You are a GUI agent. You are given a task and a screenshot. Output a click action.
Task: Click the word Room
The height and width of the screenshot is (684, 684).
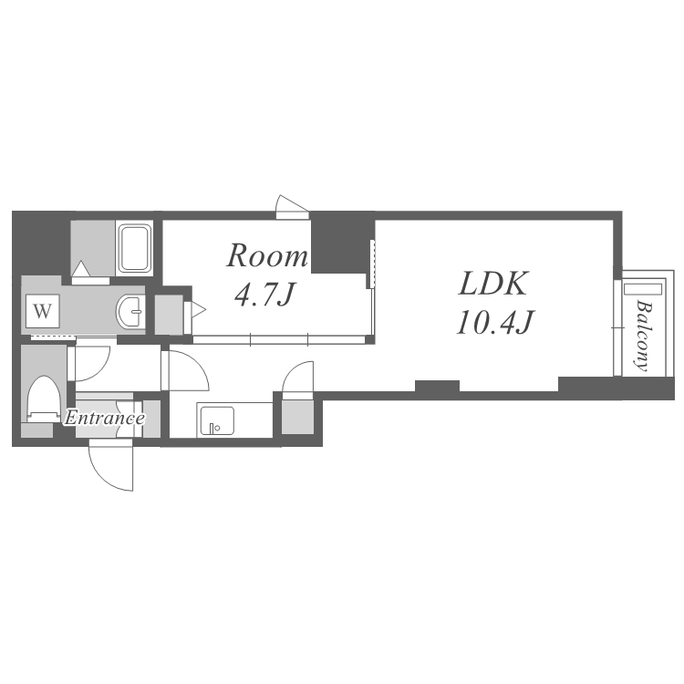click(x=267, y=255)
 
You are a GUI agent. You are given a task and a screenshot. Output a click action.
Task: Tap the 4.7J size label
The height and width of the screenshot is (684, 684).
click(x=264, y=295)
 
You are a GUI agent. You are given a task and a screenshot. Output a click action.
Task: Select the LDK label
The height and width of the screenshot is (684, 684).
click(x=493, y=284)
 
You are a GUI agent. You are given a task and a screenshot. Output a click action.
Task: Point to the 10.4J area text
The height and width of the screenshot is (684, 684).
click(x=494, y=322)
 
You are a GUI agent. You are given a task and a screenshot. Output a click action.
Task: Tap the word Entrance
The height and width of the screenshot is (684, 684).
click(x=104, y=419)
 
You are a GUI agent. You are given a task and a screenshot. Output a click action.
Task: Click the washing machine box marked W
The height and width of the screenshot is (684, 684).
click(x=42, y=311)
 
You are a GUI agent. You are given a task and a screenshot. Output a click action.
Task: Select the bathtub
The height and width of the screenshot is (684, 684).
click(x=135, y=248)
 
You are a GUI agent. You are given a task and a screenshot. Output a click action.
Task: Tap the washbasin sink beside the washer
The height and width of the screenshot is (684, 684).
click(x=130, y=311)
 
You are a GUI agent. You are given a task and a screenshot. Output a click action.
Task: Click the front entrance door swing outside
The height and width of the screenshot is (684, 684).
click(x=110, y=465)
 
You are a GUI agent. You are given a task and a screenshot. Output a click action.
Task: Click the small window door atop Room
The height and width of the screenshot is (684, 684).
click(x=292, y=207)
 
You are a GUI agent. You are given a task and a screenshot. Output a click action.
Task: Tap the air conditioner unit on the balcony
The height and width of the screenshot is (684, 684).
click(x=643, y=289)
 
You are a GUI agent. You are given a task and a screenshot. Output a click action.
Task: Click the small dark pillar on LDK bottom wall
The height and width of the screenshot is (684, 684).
click(x=437, y=386)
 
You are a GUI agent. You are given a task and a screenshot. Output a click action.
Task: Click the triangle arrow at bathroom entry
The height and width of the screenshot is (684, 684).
click(x=80, y=268)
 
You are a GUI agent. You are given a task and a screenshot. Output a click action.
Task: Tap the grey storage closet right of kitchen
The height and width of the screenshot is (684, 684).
click(x=297, y=418)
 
